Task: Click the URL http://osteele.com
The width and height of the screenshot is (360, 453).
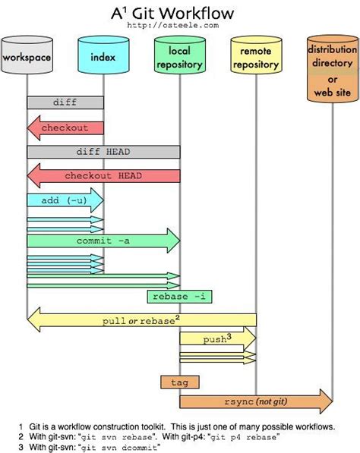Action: point(180,26)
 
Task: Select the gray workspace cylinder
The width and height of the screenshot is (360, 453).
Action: point(27,58)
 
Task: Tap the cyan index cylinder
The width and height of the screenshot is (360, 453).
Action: point(103,58)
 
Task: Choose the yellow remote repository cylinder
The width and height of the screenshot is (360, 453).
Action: point(256,60)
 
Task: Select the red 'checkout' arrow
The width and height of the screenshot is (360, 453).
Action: point(65,127)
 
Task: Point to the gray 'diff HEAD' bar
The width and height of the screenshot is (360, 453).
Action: point(103,152)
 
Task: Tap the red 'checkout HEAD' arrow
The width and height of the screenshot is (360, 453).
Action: point(103,176)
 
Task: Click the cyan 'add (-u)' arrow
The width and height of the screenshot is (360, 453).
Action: point(65,200)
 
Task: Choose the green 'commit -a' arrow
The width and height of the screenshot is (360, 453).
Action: point(103,241)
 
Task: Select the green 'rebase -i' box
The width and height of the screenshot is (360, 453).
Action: point(178,297)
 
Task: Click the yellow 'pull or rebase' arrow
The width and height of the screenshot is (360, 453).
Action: point(141,321)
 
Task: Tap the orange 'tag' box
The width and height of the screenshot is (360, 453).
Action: point(179,381)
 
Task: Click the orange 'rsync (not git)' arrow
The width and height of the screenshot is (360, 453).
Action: point(255,401)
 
